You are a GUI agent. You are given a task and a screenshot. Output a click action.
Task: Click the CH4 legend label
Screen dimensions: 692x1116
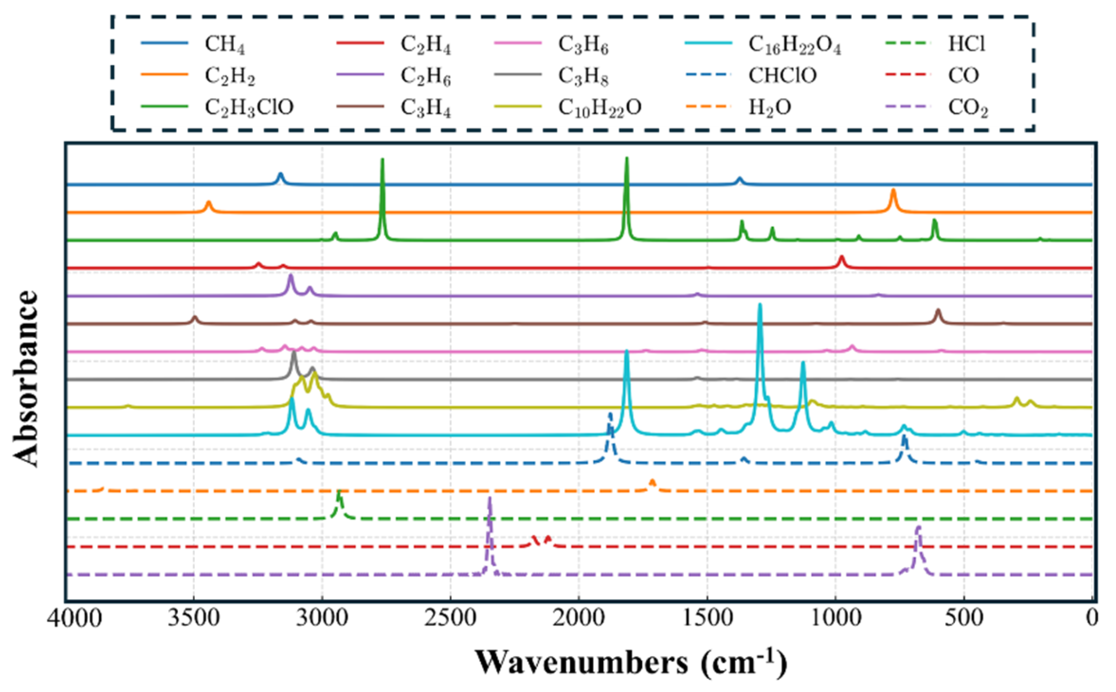click(225, 44)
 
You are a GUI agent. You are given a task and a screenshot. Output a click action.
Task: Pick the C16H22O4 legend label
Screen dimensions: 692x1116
click(794, 44)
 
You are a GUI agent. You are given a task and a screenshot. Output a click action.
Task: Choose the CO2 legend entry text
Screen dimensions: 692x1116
click(967, 108)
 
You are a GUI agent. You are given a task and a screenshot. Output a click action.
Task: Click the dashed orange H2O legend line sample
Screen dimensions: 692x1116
click(708, 107)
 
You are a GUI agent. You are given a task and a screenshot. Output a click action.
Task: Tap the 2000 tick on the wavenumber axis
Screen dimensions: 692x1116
click(579, 618)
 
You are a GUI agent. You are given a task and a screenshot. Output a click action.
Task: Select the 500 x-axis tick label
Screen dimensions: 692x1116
click(964, 618)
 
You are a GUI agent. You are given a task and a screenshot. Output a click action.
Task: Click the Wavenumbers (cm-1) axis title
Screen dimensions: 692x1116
click(631, 663)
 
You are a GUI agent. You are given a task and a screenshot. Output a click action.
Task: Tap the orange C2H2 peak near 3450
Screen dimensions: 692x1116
click(208, 203)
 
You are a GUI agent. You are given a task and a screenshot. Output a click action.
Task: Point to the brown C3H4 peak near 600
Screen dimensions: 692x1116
click(938, 312)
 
